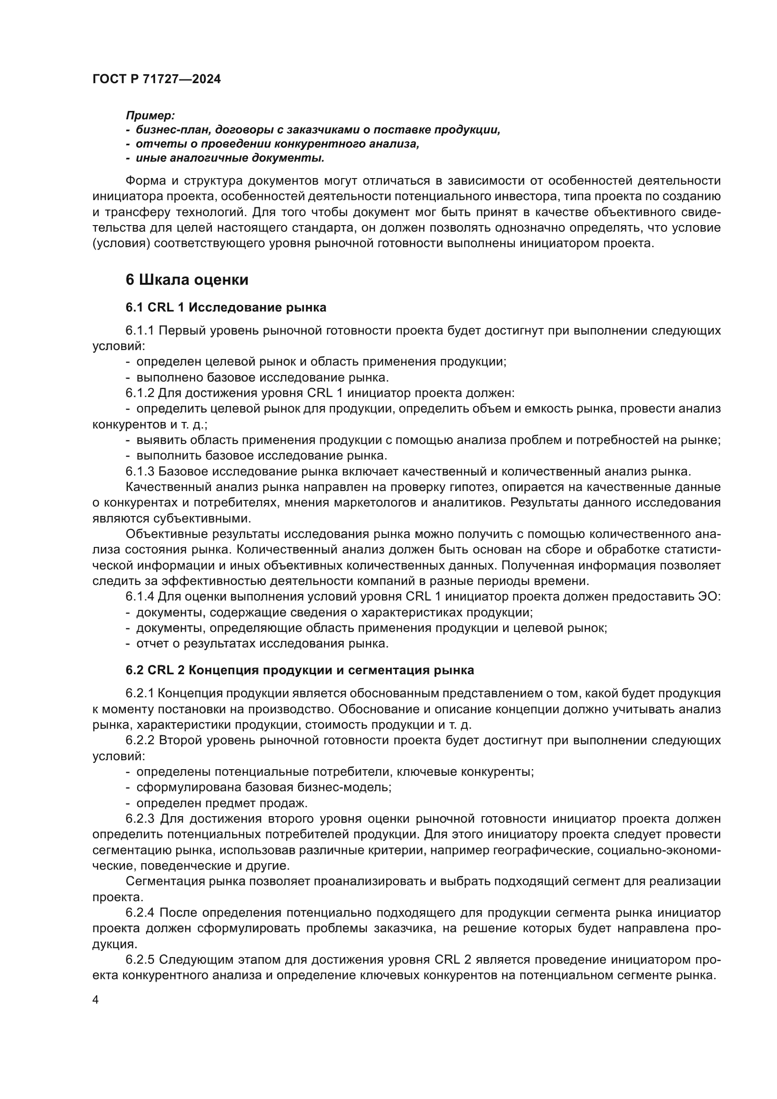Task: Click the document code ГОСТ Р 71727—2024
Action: point(156,79)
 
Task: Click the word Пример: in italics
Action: point(150,116)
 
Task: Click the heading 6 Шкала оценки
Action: point(187,280)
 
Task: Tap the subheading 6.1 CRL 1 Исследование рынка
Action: point(226,307)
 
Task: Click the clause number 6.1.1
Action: point(140,331)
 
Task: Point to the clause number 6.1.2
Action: point(140,393)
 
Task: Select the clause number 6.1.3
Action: point(140,471)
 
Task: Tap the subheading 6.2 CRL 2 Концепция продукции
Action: point(300,670)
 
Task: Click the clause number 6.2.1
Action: point(140,694)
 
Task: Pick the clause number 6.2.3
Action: point(140,819)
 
